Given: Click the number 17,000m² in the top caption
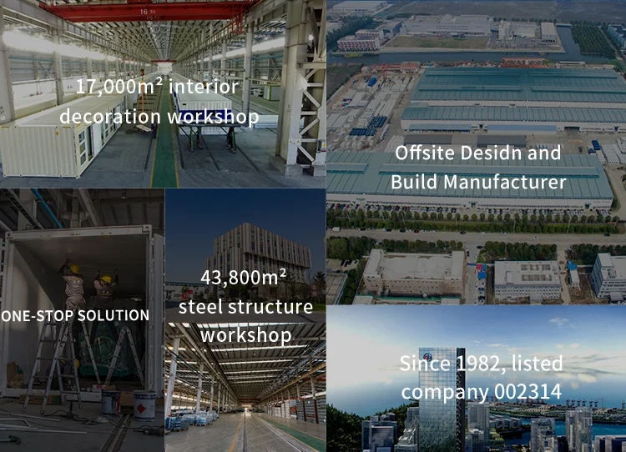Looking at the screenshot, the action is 119,86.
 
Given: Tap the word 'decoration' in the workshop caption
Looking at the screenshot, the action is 110,117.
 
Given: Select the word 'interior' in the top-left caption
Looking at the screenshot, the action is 204,86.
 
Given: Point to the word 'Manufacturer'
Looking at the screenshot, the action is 505,183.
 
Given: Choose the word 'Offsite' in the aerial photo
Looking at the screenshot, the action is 425,153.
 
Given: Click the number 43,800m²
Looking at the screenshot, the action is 244,277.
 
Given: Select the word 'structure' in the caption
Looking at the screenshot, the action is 270,307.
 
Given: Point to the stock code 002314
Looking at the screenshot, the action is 528,391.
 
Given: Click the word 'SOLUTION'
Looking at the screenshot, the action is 114,315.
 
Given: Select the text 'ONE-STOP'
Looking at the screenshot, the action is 38,315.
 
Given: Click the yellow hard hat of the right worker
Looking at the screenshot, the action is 105,279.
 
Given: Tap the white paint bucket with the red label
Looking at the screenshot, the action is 144,405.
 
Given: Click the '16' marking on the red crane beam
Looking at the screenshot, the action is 144,12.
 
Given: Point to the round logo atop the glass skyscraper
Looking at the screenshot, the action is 429,356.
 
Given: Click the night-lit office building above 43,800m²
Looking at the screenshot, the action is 258,250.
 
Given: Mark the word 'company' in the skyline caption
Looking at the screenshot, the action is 445,392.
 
